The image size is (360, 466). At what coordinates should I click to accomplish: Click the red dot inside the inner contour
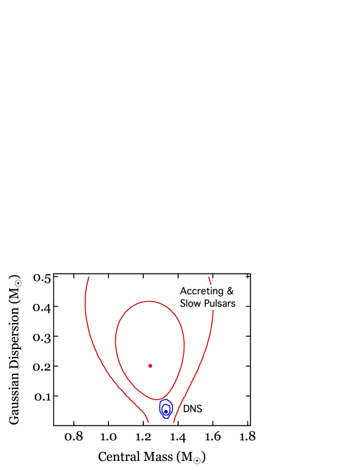(150, 366)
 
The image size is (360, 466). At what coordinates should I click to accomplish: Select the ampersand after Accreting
(230, 291)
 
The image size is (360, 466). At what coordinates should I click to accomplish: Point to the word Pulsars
(218, 303)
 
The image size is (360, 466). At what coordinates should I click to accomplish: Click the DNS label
(192, 409)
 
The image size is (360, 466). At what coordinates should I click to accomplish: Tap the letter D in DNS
(186, 409)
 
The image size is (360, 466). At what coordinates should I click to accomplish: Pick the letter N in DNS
(192, 409)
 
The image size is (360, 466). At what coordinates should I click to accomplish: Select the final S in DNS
(199, 409)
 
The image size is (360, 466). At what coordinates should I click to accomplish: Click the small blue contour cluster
(165, 408)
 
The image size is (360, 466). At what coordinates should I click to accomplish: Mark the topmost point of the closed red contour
(148, 301)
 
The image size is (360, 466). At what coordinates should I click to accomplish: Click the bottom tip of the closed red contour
(159, 399)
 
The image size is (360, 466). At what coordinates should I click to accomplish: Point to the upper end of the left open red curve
(89, 277)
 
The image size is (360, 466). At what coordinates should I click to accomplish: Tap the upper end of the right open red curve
(209, 277)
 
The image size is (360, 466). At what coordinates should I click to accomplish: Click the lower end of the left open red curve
(148, 422)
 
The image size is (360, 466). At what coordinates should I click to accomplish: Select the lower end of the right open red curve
(173, 422)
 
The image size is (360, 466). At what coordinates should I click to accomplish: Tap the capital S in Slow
(182, 303)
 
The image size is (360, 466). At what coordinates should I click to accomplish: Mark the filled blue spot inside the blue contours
(165, 410)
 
